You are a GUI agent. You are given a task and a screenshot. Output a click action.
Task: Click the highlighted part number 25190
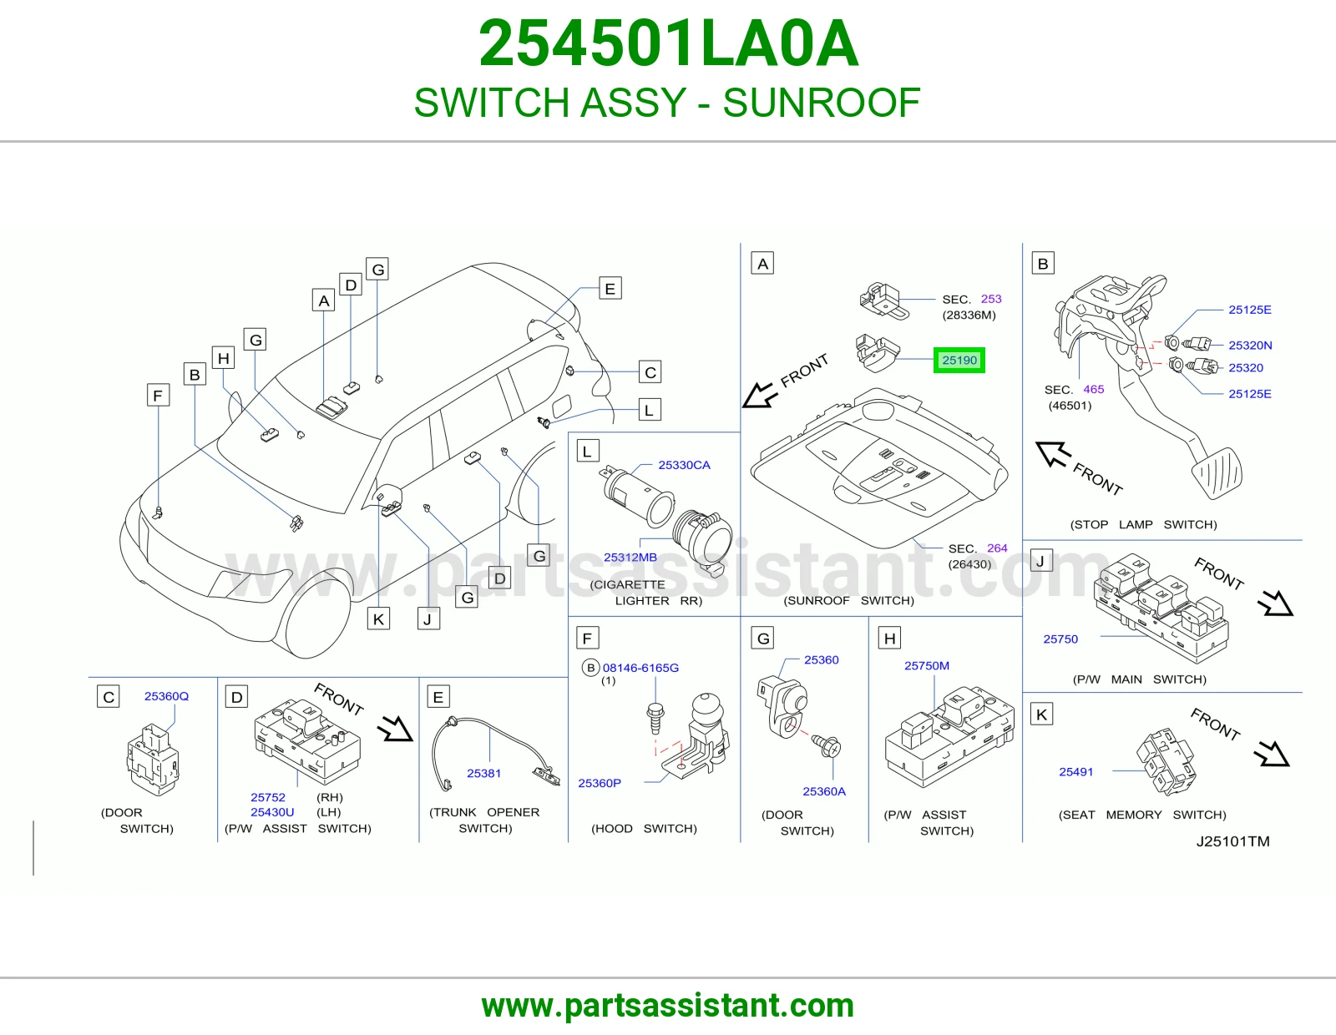959,360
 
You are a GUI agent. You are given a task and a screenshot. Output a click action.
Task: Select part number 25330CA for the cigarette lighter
684,465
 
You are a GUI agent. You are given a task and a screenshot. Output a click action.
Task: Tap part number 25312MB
630,558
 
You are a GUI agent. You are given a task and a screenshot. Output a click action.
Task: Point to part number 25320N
1250,346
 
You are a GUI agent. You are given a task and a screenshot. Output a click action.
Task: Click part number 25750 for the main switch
1060,639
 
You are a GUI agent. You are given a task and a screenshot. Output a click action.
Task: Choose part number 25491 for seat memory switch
1076,772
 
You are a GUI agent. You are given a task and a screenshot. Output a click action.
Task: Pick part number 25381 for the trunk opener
483,773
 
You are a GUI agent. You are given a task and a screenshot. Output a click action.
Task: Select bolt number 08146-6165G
640,668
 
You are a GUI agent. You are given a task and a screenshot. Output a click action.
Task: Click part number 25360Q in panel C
166,696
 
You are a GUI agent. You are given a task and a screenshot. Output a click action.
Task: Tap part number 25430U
272,812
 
